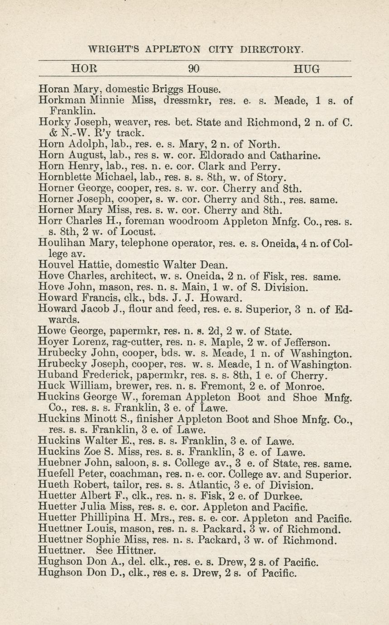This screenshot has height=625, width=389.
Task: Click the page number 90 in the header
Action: tap(194, 69)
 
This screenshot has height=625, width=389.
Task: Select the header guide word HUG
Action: tap(307, 69)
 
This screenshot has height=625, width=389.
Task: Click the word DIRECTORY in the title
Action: tap(268, 49)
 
